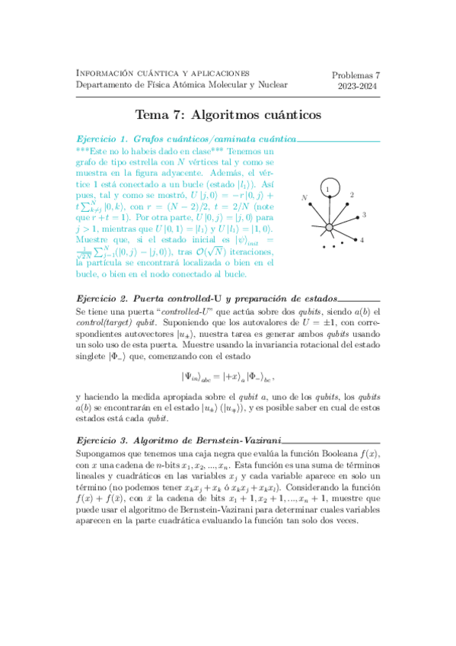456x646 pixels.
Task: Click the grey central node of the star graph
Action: point(328,227)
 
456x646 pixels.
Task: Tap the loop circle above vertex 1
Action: point(327,187)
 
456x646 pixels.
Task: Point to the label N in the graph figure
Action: point(305,198)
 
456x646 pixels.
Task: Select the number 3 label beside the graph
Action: point(364,216)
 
